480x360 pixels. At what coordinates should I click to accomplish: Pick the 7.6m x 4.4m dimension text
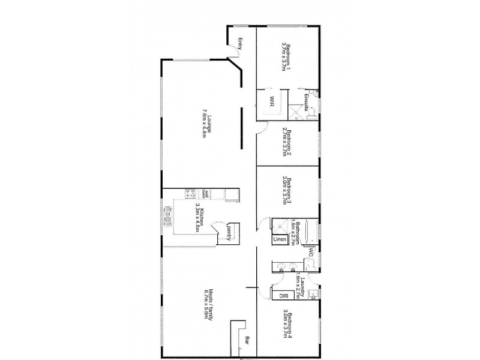coord(203,122)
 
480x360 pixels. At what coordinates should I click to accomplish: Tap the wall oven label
coord(204,193)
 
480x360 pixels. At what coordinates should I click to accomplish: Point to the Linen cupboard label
coord(279,240)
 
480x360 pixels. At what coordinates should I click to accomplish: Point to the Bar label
coord(247,343)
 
